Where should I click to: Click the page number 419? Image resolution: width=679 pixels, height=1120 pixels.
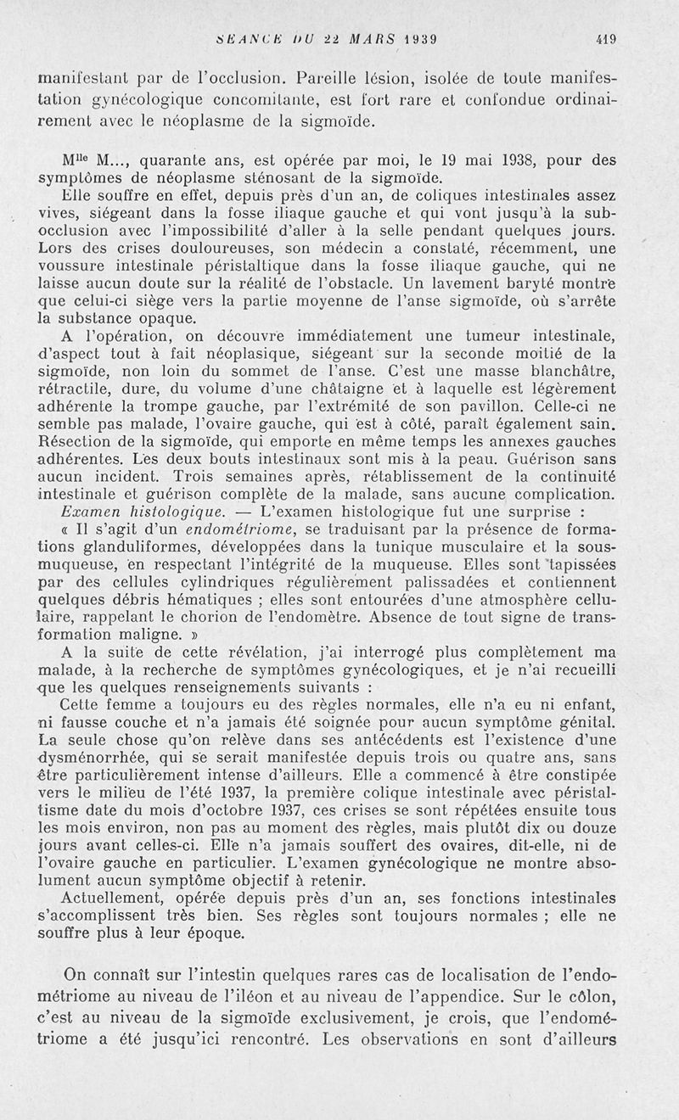click(606, 37)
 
